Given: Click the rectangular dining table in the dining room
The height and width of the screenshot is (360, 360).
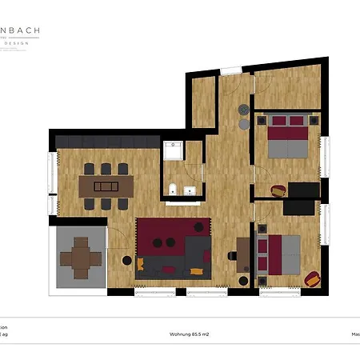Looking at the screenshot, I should tap(105, 186).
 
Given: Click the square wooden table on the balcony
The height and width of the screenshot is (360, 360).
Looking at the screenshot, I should tap(81, 256).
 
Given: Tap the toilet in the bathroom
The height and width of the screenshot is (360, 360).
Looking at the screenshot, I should tap(173, 190).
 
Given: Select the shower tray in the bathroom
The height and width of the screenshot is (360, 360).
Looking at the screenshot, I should tap(173, 151).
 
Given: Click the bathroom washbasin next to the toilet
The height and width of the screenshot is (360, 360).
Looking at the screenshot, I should tap(190, 190).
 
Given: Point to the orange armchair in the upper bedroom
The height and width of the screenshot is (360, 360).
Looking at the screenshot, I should tap(278, 191).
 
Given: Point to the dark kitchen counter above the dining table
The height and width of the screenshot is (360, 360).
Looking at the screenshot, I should tap(104, 141).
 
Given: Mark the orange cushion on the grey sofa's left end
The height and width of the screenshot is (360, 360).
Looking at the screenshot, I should tap(141, 263).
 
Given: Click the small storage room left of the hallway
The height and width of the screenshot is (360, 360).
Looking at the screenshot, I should tap(203, 100).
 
